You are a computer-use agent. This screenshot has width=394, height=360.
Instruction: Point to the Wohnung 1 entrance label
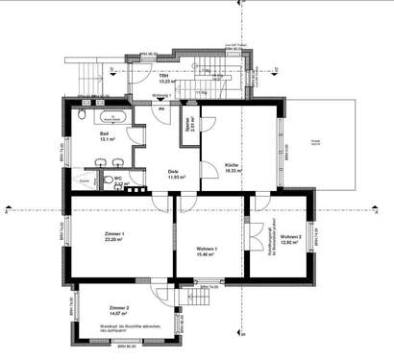(x=162, y=97)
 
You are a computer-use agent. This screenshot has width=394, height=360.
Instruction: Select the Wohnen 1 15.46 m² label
(x=206, y=252)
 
